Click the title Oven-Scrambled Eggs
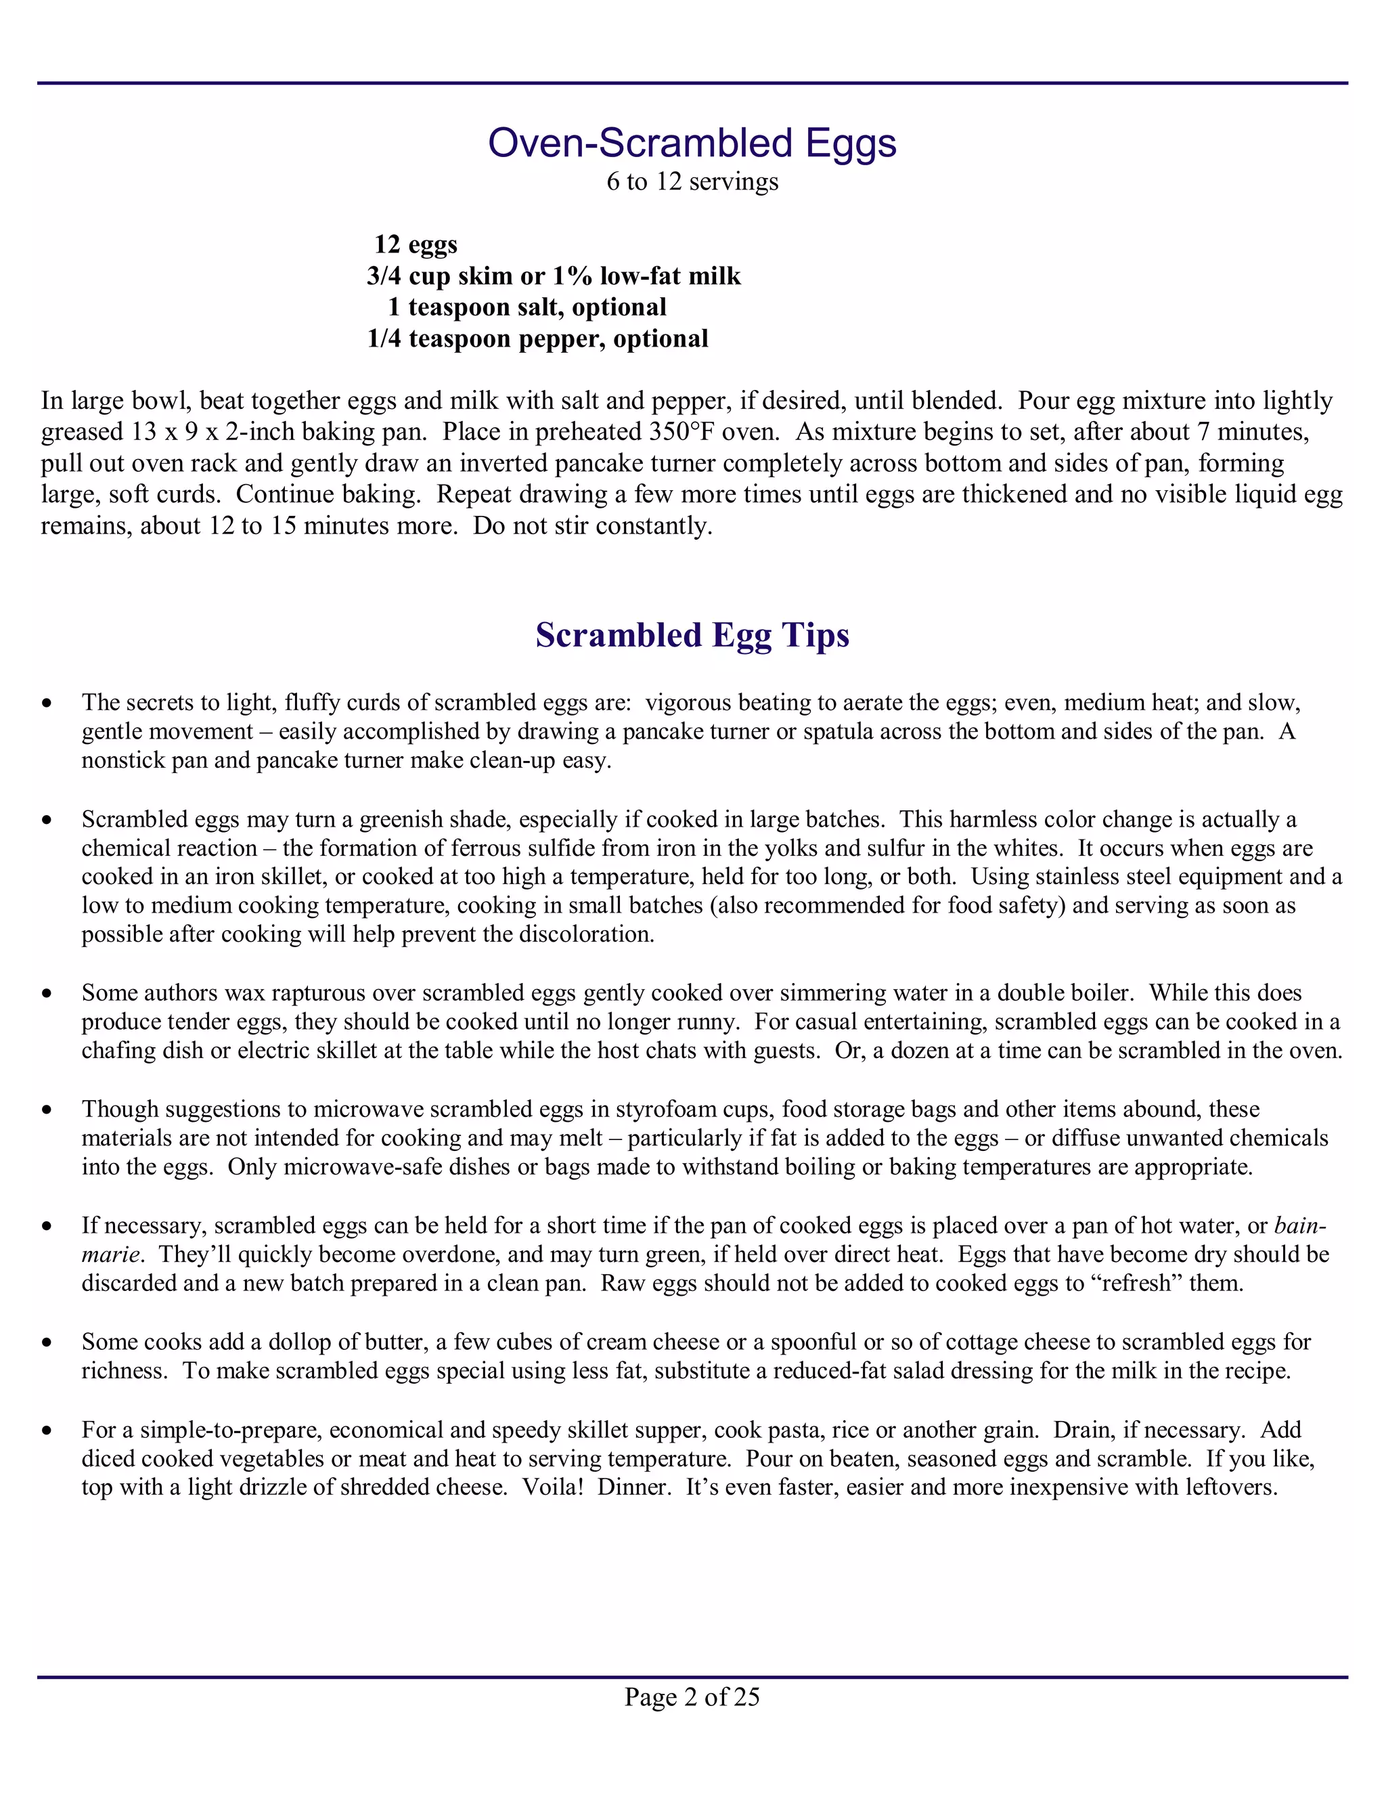tap(692, 143)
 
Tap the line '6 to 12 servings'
tap(692, 181)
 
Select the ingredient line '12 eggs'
tap(416, 245)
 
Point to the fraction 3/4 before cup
tap(384, 276)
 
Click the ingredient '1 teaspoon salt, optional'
tap(527, 307)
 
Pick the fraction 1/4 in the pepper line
tap(384, 338)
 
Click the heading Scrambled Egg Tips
tap(692, 635)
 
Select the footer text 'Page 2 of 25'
tap(692, 1697)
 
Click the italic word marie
tap(109, 1254)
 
